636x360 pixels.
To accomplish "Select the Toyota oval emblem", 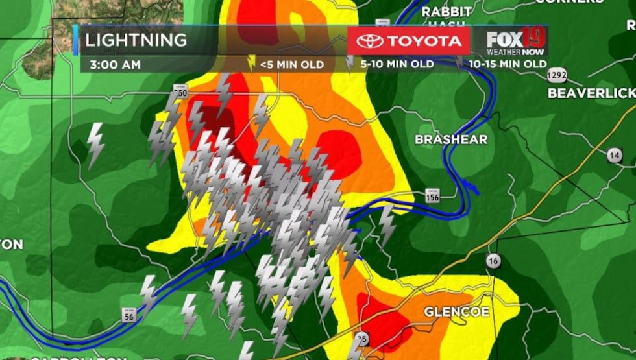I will click(x=370, y=41).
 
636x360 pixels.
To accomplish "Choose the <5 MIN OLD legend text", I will click(x=291, y=64).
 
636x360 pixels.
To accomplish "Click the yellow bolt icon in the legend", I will click(x=252, y=63).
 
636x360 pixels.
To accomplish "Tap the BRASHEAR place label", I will click(x=451, y=139).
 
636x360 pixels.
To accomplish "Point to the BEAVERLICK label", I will click(x=591, y=93).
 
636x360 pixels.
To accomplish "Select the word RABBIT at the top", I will click(x=446, y=12).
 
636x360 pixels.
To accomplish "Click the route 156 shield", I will click(x=433, y=197).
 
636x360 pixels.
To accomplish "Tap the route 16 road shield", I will click(x=493, y=261).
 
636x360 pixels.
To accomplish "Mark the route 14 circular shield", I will click(x=615, y=155).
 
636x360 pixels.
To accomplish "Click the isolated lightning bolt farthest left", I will click(x=95, y=145).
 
